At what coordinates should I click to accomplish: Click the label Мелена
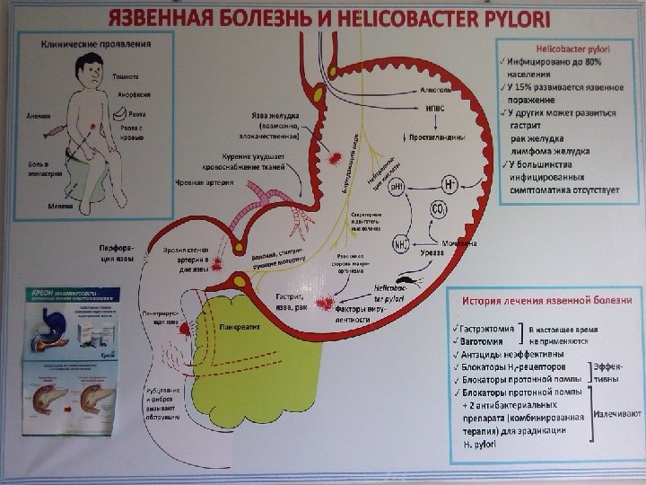pos(61,206)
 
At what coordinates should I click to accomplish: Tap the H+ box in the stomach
pos(450,184)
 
